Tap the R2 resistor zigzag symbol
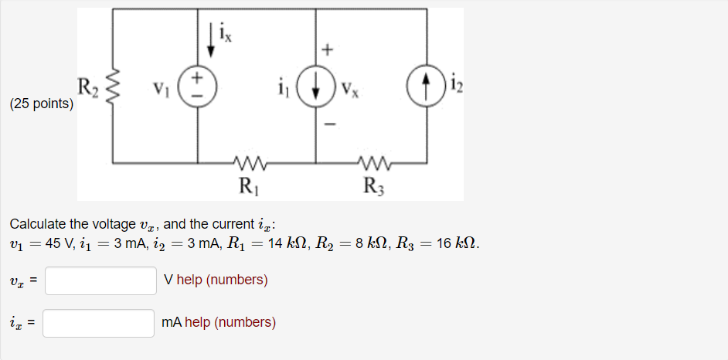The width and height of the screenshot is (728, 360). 113,86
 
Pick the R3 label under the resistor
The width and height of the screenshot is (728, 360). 374,185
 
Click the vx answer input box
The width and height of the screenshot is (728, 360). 100,280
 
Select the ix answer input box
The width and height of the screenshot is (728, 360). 98,323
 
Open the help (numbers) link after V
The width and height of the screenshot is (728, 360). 223,280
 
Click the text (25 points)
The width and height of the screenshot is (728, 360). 42,103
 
